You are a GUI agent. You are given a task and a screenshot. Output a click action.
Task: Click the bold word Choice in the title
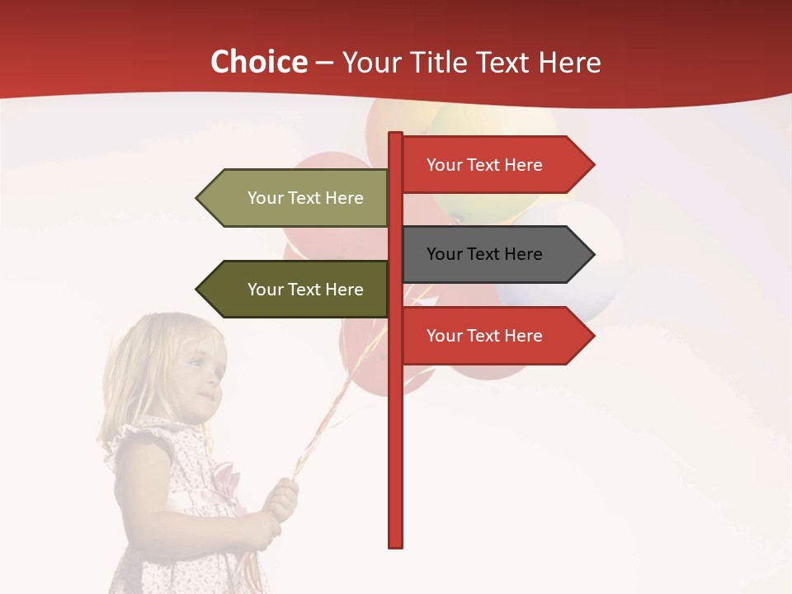click(x=259, y=63)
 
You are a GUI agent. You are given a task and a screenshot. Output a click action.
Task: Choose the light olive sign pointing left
click(x=297, y=198)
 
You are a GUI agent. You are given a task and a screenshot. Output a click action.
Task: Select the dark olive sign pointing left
click(x=297, y=290)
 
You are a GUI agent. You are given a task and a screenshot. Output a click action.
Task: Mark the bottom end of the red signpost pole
click(x=395, y=544)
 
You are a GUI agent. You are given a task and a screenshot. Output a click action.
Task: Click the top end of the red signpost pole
click(x=395, y=134)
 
